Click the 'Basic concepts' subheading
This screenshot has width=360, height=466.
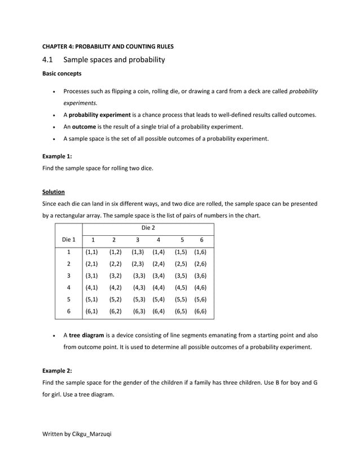click(62, 73)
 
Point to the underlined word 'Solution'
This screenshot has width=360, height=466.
click(54, 192)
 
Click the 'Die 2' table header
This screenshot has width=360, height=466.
click(148, 227)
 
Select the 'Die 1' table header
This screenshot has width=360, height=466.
click(68, 240)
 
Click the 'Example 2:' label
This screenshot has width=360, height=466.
click(57, 370)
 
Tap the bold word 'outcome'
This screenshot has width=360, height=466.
click(84, 126)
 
